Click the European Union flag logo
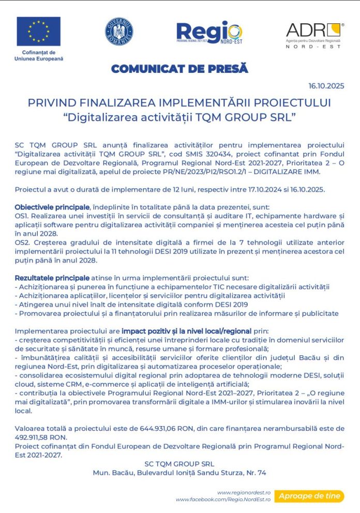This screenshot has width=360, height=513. click(x=38, y=31)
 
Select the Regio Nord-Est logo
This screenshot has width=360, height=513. click(x=209, y=32)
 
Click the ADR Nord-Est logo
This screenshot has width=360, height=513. click(x=314, y=34)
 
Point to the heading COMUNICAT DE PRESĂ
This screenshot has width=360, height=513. click(x=179, y=68)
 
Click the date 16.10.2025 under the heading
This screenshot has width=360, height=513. click(x=326, y=86)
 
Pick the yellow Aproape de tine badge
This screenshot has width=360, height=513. click(x=309, y=496)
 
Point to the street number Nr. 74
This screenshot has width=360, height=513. click(x=257, y=473)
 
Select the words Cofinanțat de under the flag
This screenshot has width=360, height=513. click(x=38, y=52)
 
